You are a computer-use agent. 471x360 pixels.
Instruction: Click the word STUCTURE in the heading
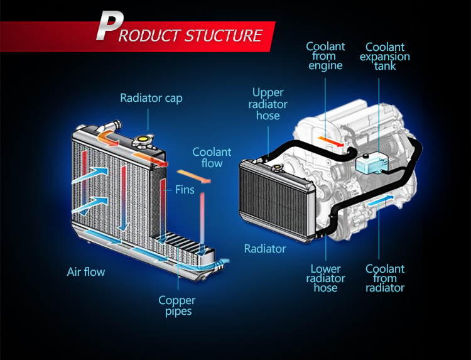click(x=223, y=35)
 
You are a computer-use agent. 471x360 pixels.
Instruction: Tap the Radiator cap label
click(x=151, y=98)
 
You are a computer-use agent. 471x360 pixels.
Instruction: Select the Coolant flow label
click(x=212, y=158)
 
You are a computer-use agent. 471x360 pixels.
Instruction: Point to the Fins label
click(x=185, y=189)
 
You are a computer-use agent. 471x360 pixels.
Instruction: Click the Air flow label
click(x=86, y=272)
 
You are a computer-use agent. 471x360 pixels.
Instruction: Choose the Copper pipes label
click(x=176, y=305)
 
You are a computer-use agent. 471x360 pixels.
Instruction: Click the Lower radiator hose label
click(x=325, y=278)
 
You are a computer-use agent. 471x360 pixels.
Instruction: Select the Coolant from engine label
click(x=325, y=56)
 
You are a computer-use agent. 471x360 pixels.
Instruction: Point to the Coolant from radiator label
click(x=385, y=278)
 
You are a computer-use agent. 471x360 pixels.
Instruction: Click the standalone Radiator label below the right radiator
click(x=265, y=249)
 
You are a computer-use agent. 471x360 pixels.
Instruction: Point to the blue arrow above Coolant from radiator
click(x=382, y=200)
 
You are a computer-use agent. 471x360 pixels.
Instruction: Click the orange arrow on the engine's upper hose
click(x=329, y=139)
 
